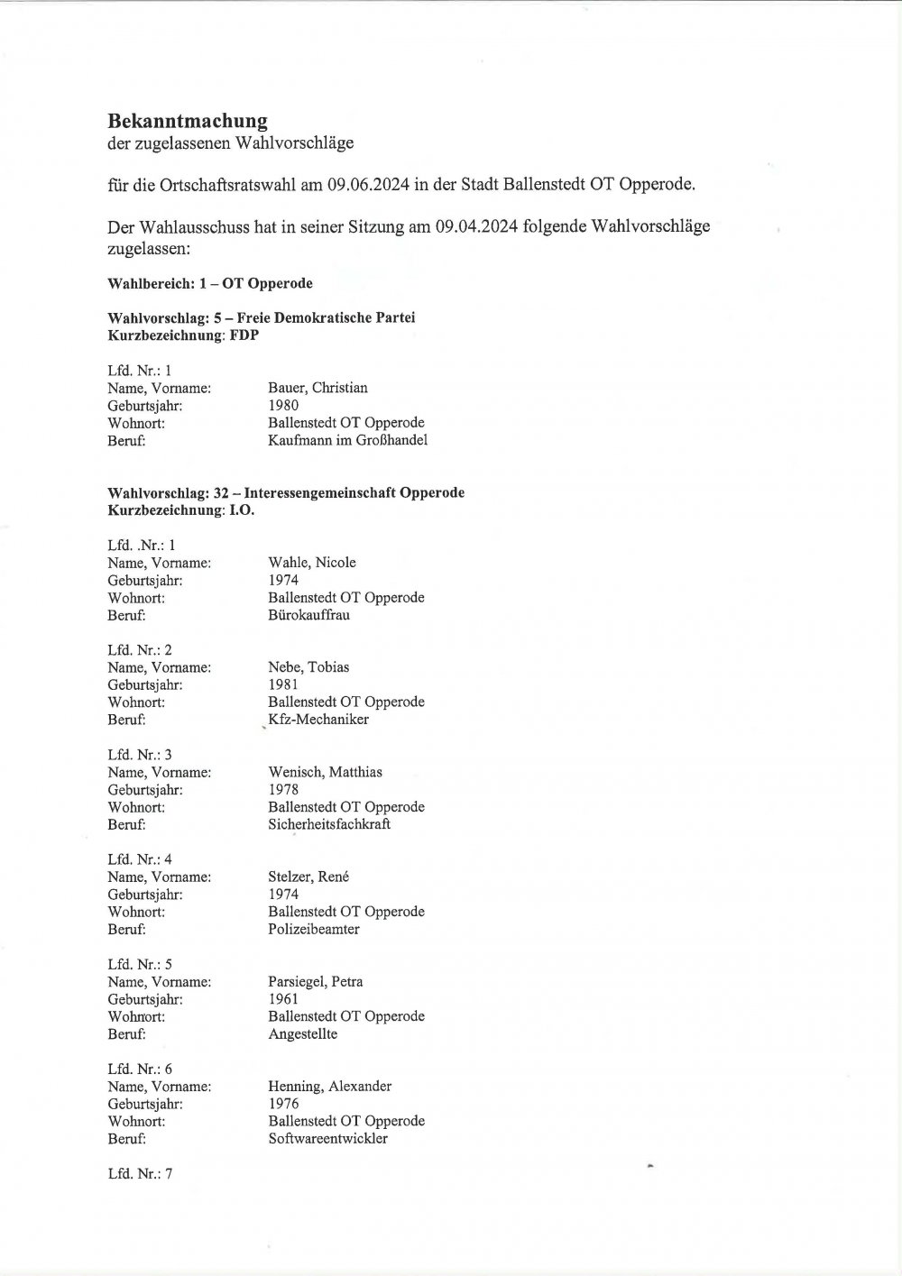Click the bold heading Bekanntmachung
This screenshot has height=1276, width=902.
pos(188,120)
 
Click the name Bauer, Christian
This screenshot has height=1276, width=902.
pos(318,388)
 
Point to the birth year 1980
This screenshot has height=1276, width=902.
pos(283,405)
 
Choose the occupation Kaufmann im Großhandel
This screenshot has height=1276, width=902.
pos(347,440)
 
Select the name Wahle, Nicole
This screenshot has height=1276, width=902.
pos(312,563)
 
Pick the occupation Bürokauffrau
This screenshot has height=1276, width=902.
pos(308,615)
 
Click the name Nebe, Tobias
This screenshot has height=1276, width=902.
pos(308,667)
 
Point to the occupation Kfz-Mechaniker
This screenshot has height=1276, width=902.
pos(318,720)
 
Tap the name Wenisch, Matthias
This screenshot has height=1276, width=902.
pos(325,772)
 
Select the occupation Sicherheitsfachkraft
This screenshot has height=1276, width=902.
pos(329,824)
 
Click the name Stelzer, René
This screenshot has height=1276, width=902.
pos(308,877)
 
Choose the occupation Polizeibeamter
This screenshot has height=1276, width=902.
pos(313,929)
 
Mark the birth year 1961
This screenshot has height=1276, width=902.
pos(283,999)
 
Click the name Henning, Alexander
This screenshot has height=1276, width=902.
pos(329,1087)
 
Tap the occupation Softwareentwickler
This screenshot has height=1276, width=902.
pos(327,1139)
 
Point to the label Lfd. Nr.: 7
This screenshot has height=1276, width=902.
pos(140,1174)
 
